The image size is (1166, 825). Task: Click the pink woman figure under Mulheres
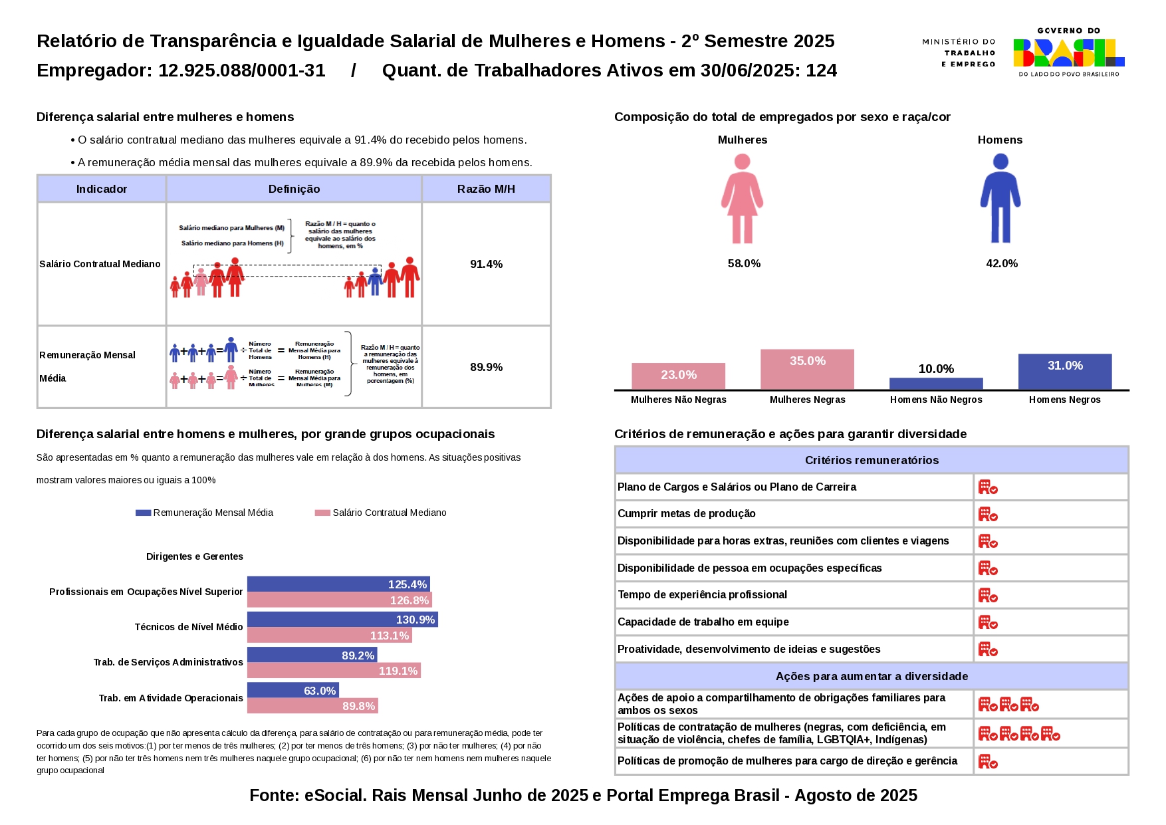[742, 199]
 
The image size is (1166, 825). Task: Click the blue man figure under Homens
[1000, 199]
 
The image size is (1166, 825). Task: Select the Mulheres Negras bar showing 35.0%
[807, 369]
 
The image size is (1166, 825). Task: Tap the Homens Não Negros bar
[935, 384]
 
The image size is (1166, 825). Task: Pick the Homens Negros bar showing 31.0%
[1064, 371]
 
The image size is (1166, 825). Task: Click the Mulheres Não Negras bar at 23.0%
[678, 376]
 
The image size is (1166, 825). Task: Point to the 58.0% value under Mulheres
[744, 263]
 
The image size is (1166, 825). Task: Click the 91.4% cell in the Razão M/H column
[486, 264]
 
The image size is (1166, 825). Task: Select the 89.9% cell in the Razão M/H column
[486, 367]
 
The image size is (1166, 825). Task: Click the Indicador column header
[101, 189]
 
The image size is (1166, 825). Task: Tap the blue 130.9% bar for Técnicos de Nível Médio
[342, 620]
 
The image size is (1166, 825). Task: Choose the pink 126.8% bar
[339, 600]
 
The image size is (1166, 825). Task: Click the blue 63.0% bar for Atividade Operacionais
[292, 690]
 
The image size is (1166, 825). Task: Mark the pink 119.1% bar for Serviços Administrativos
[334, 671]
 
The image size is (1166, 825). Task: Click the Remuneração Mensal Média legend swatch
[143, 513]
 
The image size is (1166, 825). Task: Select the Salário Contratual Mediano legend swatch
[322, 513]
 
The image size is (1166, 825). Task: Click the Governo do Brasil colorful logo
[1068, 53]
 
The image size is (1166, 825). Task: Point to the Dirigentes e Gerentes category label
[194, 556]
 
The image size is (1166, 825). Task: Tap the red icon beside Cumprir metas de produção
[987, 514]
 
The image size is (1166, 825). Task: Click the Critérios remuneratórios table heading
[872, 460]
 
